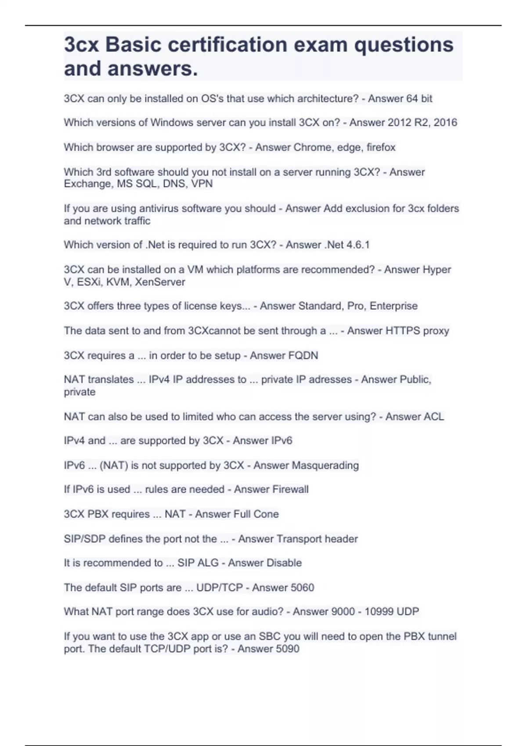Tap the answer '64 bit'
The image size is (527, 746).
point(419,99)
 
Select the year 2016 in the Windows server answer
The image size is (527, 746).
point(445,122)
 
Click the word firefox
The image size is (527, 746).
point(381,147)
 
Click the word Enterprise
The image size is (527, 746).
point(393,306)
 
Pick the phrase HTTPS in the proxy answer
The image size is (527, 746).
point(402,331)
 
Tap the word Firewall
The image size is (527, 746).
point(290,489)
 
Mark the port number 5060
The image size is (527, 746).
point(301,588)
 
